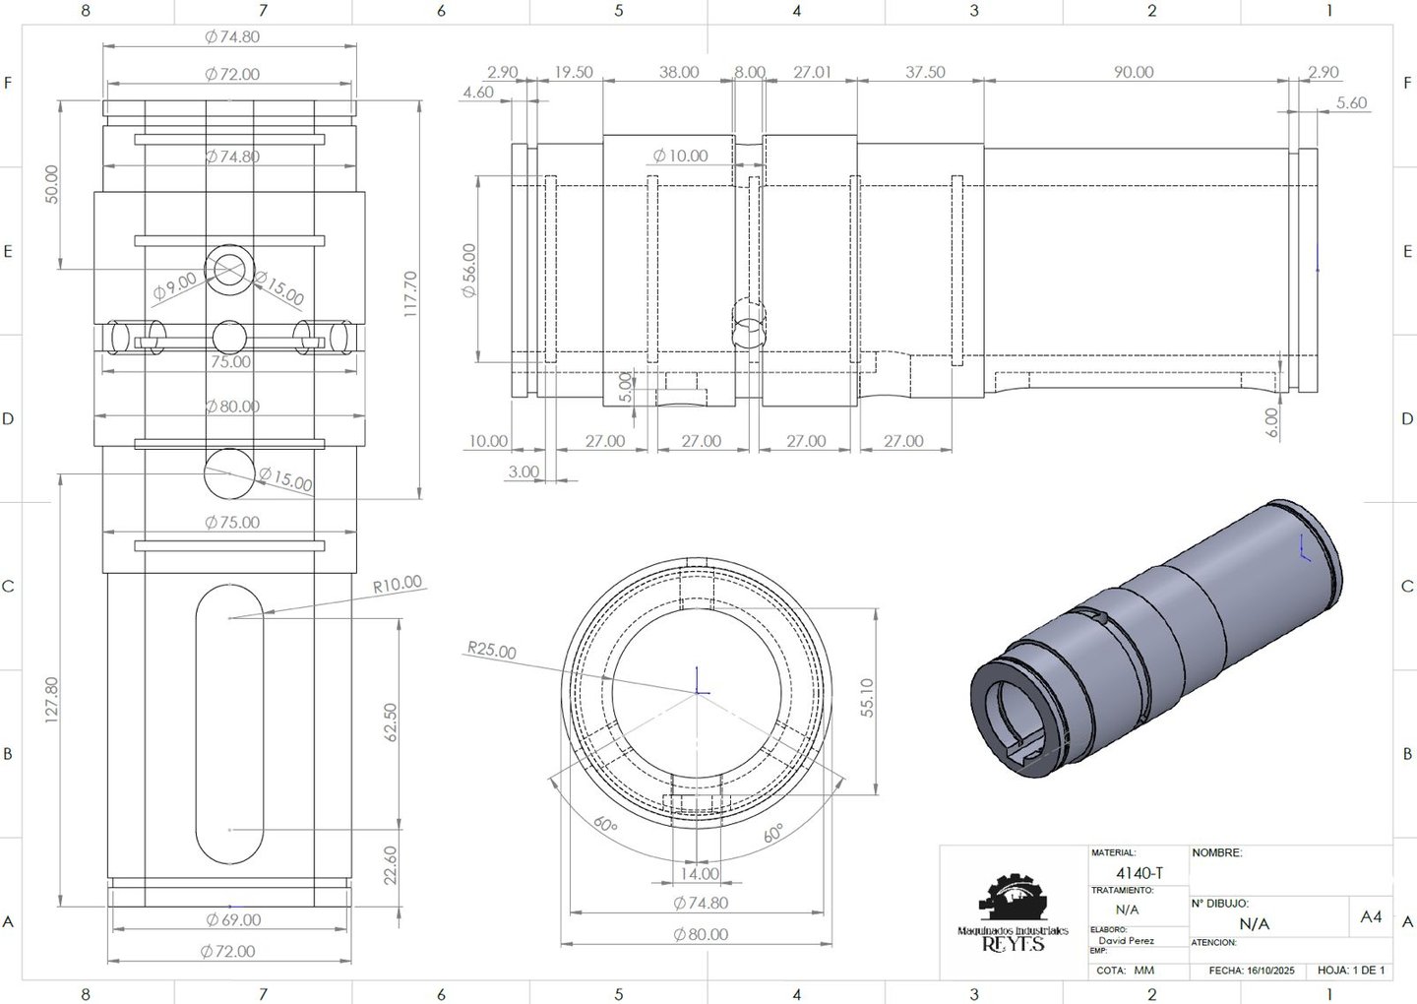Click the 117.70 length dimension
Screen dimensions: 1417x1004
(x=410, y=294)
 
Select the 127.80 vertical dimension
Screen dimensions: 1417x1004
(x=51, y=700)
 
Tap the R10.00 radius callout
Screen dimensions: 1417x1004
(x=397, y=584)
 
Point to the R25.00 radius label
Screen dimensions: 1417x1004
(x=492, y=650)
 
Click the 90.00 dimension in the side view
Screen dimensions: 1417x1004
(x=1134, y=72)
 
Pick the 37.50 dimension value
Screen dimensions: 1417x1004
(x=925, y=72)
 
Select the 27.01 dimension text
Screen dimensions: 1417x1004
(x=812, y=72)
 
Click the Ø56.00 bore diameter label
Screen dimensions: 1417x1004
(x=468, y=270)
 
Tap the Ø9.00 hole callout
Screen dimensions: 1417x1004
(x=175, y=286)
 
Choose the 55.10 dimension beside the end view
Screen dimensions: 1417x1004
(x=867, y=698)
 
